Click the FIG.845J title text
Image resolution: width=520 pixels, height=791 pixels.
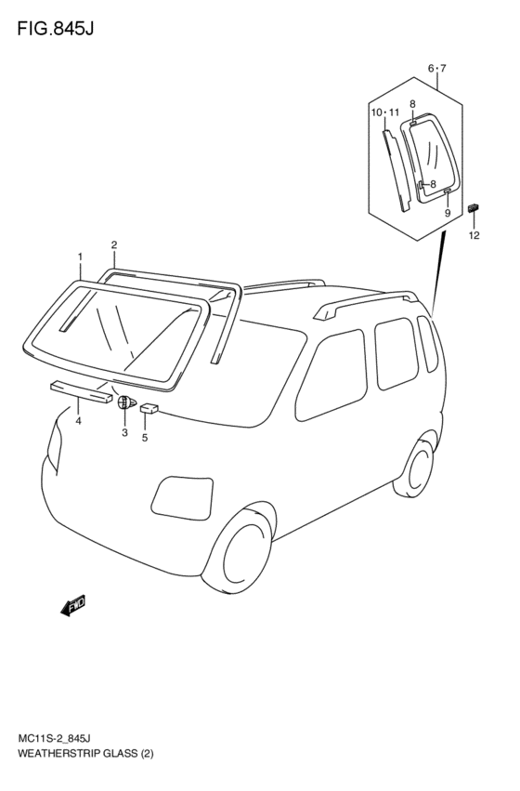tap(56, 29)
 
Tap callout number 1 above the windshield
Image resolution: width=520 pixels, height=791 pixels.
tap(80, 257)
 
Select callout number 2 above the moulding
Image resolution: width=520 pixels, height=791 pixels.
tap(114, 245)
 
